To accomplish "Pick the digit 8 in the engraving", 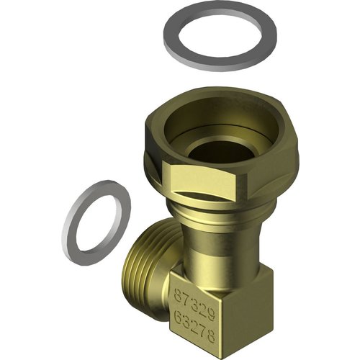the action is [211, 336].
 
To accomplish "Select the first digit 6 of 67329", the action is [177, 294].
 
